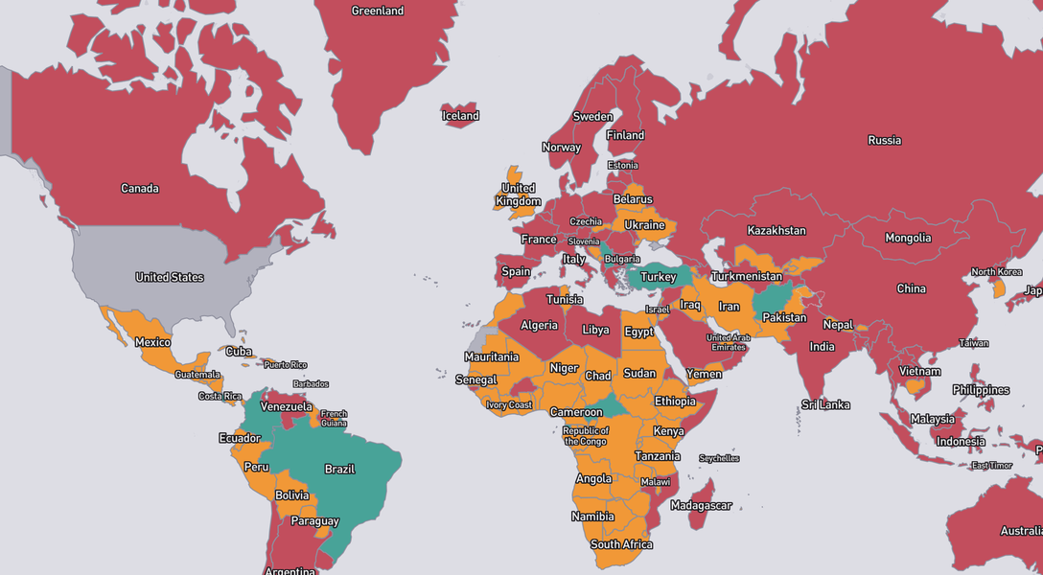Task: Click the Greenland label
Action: pyautogui.click(x=378, y=11)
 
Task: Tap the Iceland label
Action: pyautogui.click(x=460, y=116)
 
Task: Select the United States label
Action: pyautogui.click(x=170, y=277)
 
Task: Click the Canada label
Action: pyautogui.click(x=140, y=189)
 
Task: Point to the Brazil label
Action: pyautogui.click(x=340, y=470)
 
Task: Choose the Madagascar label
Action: pyautogui.click(x=702, y=505)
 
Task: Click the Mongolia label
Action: pyautogui.click(x=908, y=238)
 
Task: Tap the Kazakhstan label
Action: pyautogui.click(x=776, y=231)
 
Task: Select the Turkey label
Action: pyautogui.click(x=659, y=277)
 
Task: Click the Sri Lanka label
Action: pyautogui.click(x=826, y=404)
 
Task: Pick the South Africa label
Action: pyautogui.click(x=621, y=544)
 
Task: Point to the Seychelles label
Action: pyautogui.click(x=719, y=458)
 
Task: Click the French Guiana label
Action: pyautogui.click(x=334, y=418)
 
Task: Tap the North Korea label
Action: pyautogui.click(x=997, y=271)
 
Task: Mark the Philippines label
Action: pyautogui.click(x=981, y=390)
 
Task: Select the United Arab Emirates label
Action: pyautogui.click(x=729, y=342)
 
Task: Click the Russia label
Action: pyautogui.click(x=884, y=140)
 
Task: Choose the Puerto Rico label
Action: pyautogui.click(x=286, y=364)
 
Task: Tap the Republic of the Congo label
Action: pyautogui.click(x=585, y=436)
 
